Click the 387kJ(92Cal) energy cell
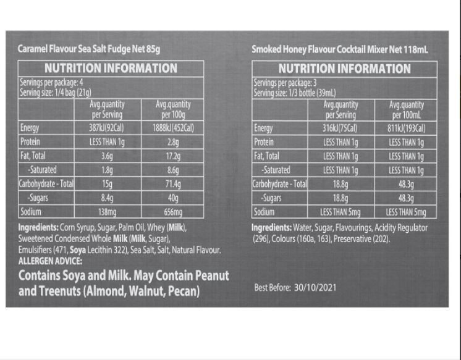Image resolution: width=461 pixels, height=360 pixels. [x=107, y=128]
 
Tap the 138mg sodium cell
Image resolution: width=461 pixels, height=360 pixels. [x=107, y=212]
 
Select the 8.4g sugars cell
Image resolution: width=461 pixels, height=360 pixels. [x=107, y=198]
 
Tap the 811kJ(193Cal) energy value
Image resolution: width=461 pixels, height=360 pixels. [x=407, y=128]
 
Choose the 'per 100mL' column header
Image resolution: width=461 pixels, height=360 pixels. [x=407, y=115]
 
